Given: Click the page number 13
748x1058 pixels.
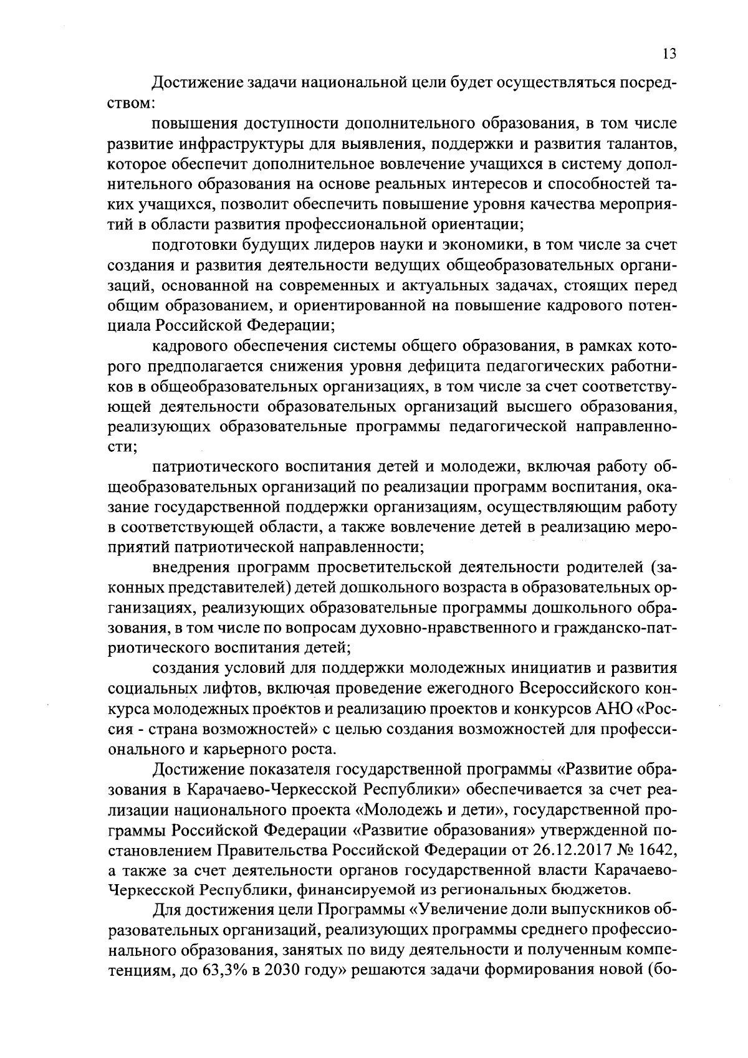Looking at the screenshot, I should pyautogui.click(x=669, y=54).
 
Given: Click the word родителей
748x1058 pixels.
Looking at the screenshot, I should pyautogui.click(x=605, y=568).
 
